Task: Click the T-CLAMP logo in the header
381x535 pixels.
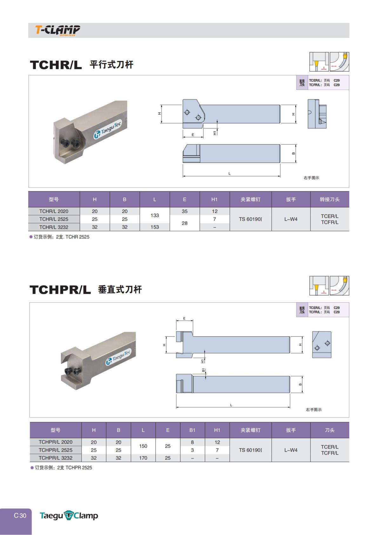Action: coord(57,30)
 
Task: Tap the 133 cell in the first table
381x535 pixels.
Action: coord(155,215)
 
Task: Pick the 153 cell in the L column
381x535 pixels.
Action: coord(155,227)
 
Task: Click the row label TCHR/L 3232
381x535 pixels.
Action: coord(54,227)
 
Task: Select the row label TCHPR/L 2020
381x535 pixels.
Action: coord(55,442)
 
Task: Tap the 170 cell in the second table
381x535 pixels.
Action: coord(143,458)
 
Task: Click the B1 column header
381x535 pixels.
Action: coord(192,430)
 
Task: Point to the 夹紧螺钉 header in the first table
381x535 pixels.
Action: coord(251,199)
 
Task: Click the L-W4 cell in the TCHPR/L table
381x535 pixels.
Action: coord(291,450)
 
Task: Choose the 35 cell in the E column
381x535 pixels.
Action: coord(185,211)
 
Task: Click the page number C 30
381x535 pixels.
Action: coord(20,516)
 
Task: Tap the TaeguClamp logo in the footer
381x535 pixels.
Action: coord(69,516)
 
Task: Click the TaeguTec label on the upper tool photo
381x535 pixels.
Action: coord(108,129)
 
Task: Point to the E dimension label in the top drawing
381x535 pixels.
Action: coord(193,135)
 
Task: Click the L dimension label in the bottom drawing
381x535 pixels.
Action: coord(231,405)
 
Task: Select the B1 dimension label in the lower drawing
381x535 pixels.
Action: coord(203,370)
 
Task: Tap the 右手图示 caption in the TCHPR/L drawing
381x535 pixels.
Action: coord(314,410)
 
